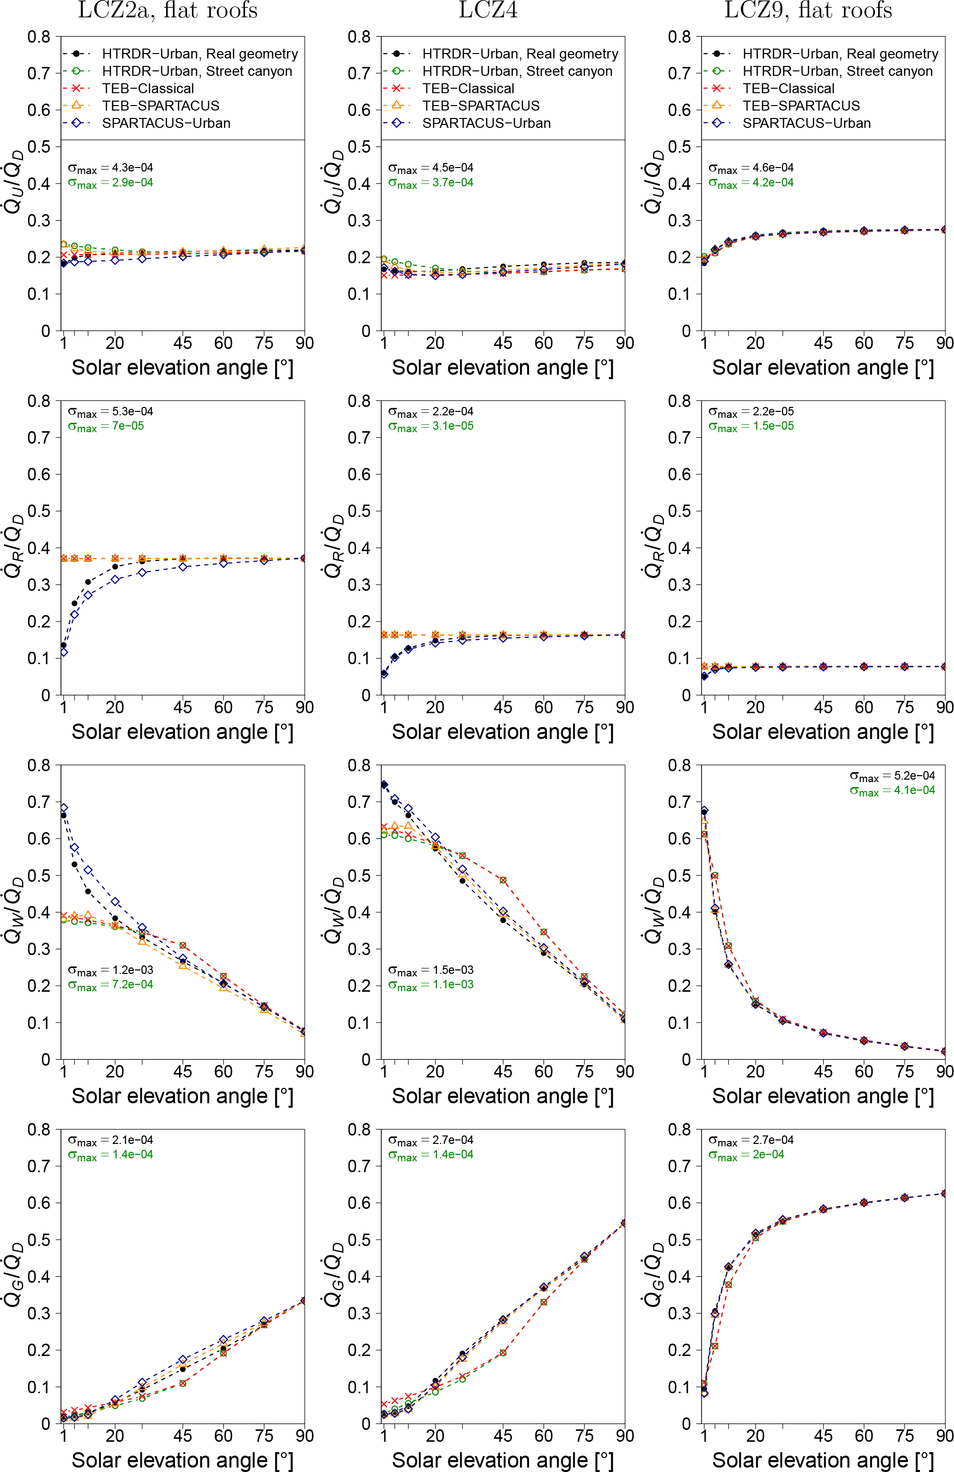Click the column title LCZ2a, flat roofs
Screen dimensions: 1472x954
coord(167,10)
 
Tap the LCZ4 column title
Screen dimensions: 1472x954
coord(487,10)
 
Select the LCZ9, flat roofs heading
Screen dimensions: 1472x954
coord(808,10)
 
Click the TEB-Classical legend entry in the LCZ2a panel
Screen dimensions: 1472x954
coord(148,88)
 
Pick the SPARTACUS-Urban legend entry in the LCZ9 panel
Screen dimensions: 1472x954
coord(806,123)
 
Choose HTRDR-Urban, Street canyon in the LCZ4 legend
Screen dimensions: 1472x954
coord(517,71)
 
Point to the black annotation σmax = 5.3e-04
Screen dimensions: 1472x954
coord(110,412)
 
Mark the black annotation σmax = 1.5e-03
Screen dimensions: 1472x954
coord(430,970)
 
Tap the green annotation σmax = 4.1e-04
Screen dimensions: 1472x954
coord(892,791)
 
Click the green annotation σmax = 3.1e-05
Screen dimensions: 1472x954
coord(430,426)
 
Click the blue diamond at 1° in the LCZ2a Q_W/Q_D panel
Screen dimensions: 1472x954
coord(64,808)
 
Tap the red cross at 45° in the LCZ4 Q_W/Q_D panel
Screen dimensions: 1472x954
coord(503,880)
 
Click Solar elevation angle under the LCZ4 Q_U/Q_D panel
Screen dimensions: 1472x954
coord(502,367)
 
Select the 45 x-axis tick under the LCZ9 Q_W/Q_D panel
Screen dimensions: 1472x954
coord(823,1071)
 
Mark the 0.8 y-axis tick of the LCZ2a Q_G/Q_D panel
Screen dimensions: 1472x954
coord(38,1130)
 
